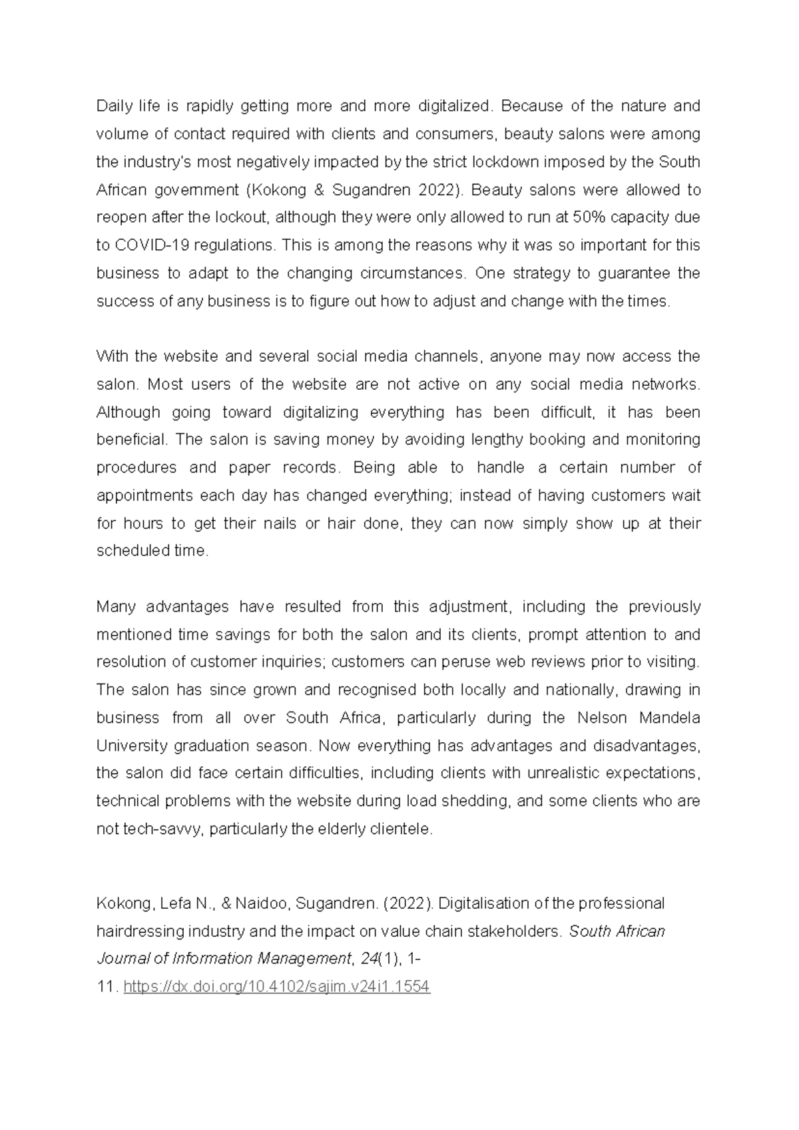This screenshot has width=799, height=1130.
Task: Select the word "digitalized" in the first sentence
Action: [x=457, y=106]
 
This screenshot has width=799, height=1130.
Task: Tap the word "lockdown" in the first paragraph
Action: [x=500, y=162]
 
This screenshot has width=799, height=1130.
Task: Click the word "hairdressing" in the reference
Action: [x=138, y=931]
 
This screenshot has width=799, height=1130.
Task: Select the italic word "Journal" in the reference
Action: [x=123, y=959]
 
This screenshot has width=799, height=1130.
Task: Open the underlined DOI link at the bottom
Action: [x=277, y=987]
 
